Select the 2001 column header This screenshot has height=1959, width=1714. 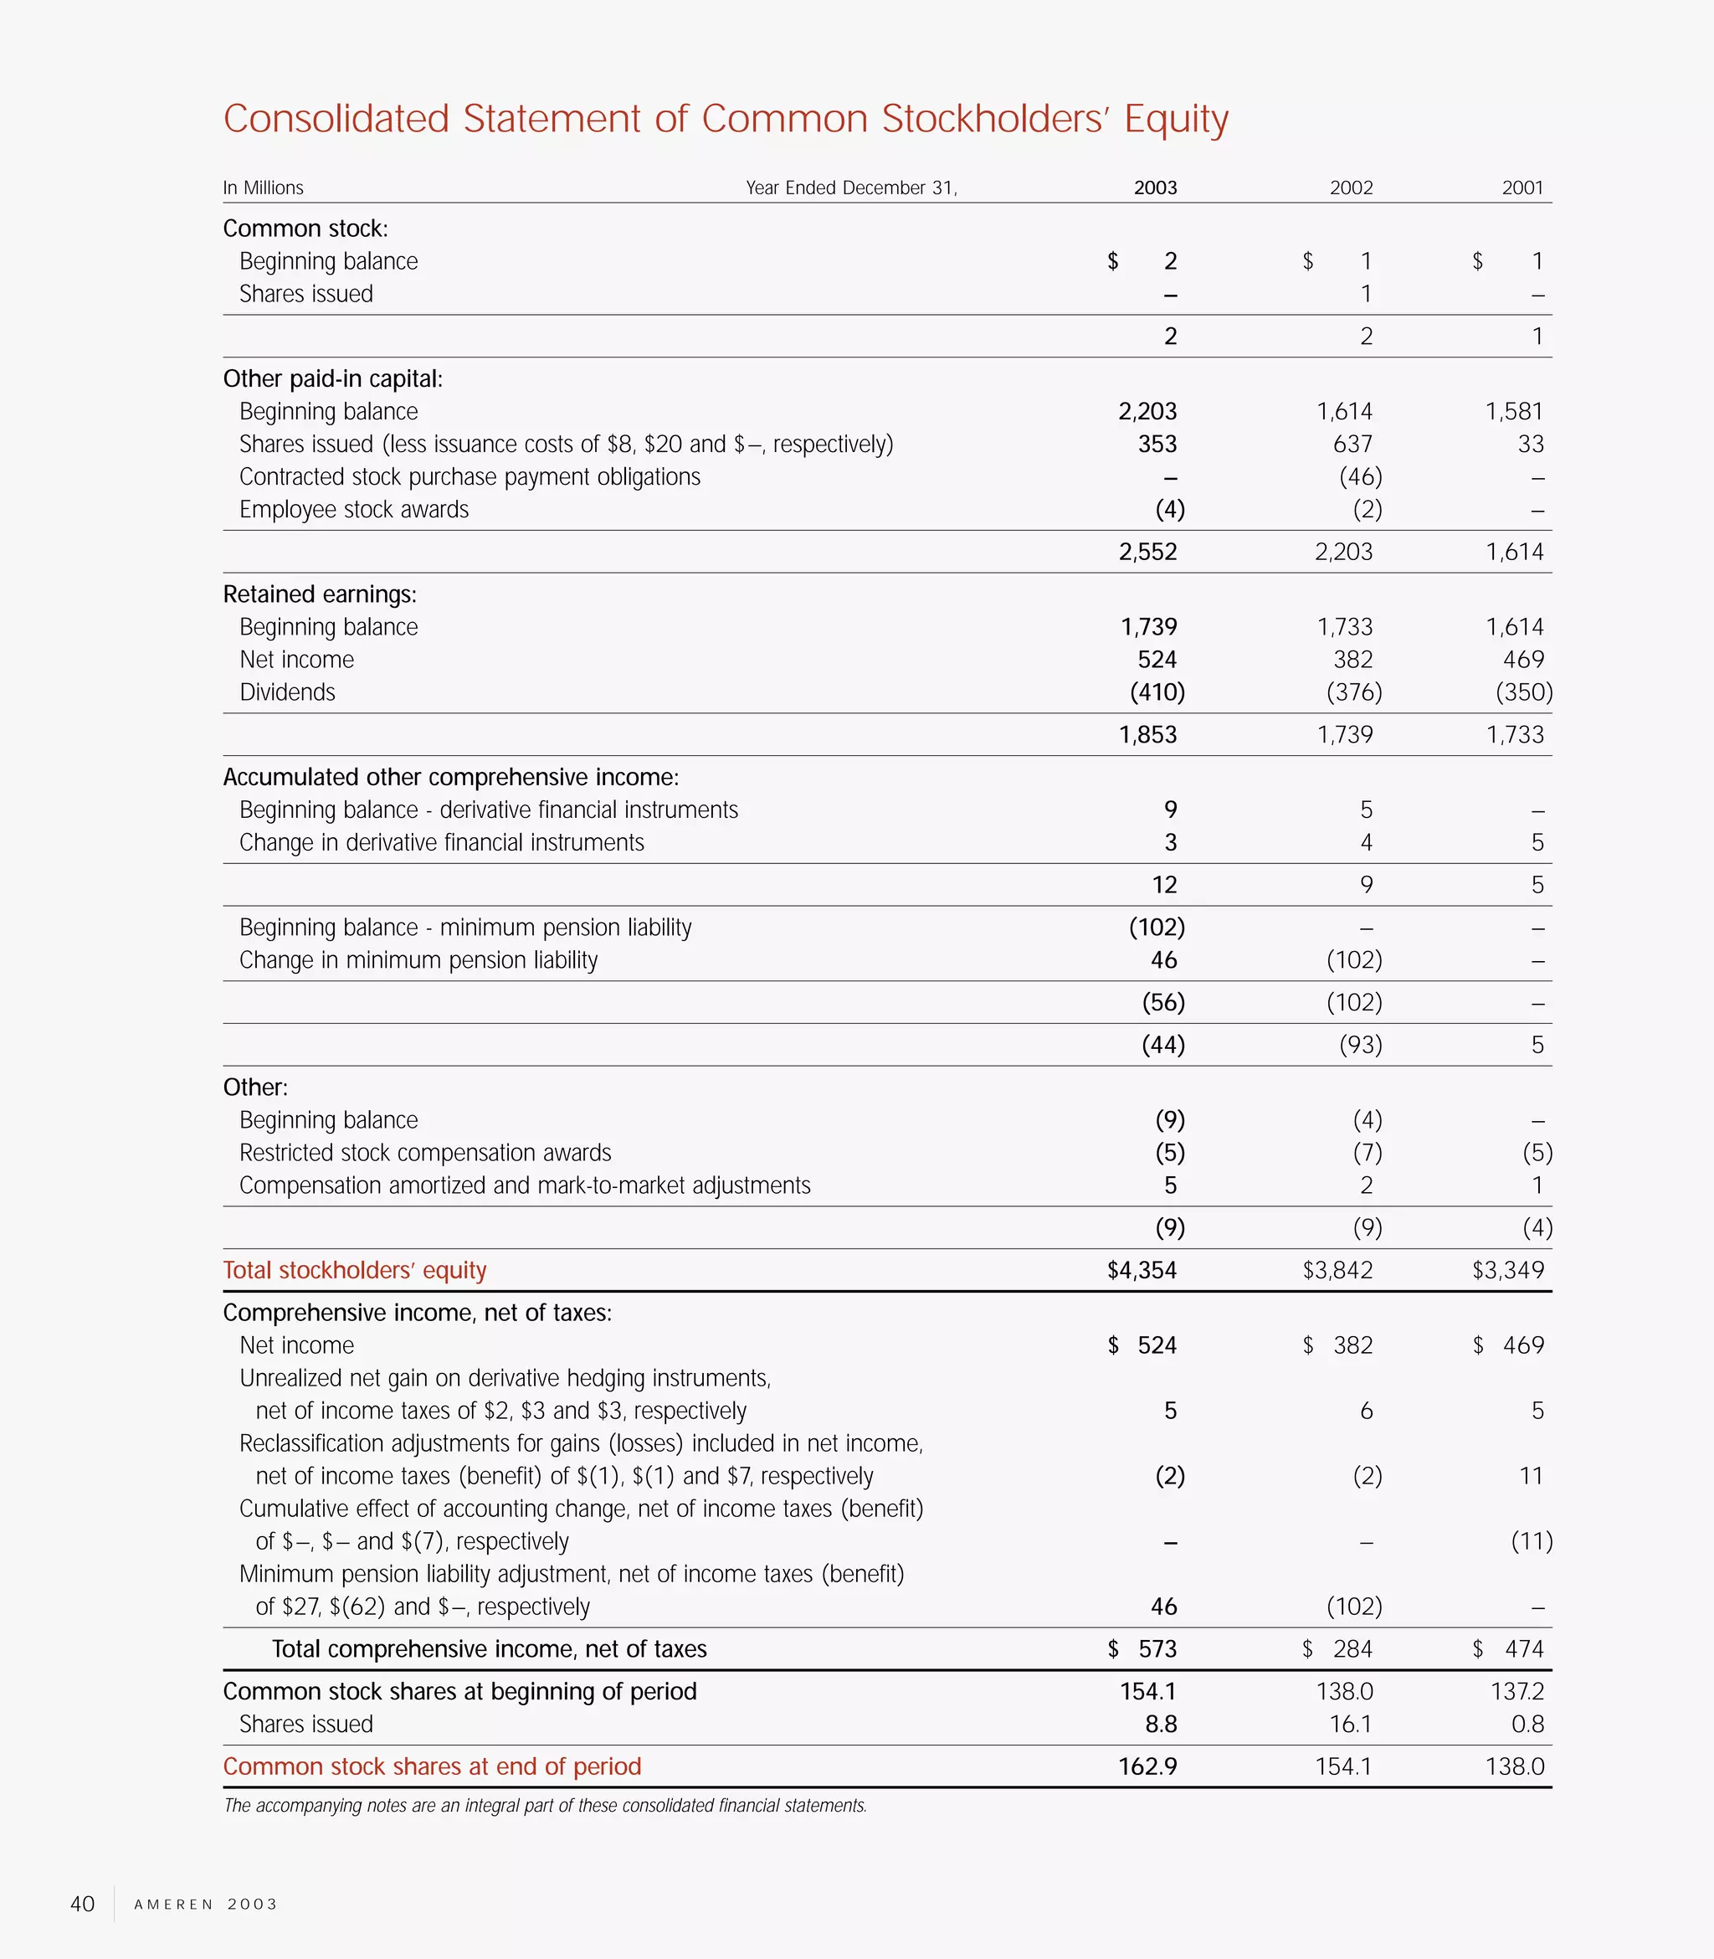pos(1522,188)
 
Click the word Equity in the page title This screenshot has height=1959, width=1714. pos(1176,119)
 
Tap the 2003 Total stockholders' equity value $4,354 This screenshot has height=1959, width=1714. pos(1142,1269)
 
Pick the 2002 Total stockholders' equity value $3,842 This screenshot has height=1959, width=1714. pos(1337,1269)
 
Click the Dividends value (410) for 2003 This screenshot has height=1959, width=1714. pos(1157,692)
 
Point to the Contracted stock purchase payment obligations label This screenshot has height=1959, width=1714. pos(470,476)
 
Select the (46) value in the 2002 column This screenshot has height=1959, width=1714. pos(1360,476)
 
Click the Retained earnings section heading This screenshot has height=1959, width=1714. pos(320,594)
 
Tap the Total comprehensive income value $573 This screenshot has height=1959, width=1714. pos(1144,1648)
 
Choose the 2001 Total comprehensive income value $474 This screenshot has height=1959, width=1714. pos(1509,1648)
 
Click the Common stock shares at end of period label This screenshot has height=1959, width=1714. pos(431,1766)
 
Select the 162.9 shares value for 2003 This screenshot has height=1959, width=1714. pos(1147,1766)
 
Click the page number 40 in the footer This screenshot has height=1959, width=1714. pos(82,1904)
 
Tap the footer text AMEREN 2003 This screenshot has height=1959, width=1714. pos(206,1904)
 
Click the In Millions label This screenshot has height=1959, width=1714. pos(263,188)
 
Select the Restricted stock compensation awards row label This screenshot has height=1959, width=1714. pos(424,1153)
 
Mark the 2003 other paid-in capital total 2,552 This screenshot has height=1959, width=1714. pos(1147,551)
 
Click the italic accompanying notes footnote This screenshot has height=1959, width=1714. pos(545,1805)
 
